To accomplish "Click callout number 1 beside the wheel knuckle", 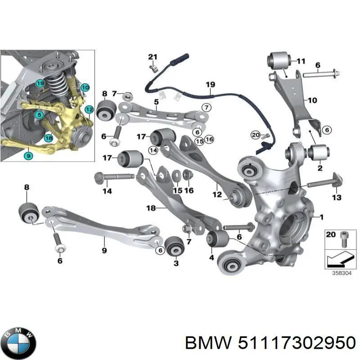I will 321,217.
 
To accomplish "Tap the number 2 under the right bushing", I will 320,168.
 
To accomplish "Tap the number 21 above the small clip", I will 153,57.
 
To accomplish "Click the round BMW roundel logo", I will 18,342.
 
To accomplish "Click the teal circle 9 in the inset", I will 28,156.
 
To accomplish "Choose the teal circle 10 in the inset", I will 85,87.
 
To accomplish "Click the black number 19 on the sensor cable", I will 210,85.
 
